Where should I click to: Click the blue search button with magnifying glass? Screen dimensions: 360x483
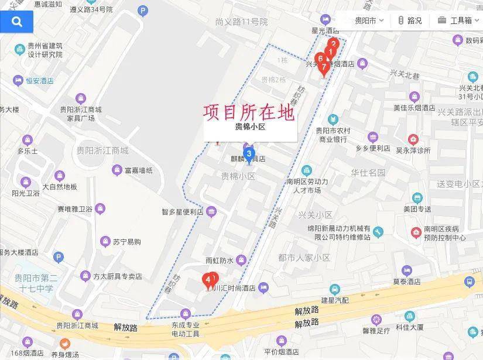16,22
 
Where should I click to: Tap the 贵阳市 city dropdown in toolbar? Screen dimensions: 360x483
369,20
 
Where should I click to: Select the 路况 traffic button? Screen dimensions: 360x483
410,20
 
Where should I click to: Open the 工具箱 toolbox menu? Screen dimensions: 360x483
455,20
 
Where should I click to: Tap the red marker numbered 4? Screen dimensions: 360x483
207,280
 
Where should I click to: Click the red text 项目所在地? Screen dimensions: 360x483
249,112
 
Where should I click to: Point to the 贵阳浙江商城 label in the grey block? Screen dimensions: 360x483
102,150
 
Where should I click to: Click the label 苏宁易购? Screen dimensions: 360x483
127,242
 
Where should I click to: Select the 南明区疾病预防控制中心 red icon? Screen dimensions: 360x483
416,232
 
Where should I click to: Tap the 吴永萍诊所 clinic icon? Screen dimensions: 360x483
413,139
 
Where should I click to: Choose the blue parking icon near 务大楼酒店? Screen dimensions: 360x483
58,257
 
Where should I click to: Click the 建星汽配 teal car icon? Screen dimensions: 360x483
334,289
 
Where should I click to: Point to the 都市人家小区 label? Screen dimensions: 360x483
304,258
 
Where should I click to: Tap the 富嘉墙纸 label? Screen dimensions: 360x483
138,170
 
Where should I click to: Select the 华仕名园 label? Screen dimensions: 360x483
368,173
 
